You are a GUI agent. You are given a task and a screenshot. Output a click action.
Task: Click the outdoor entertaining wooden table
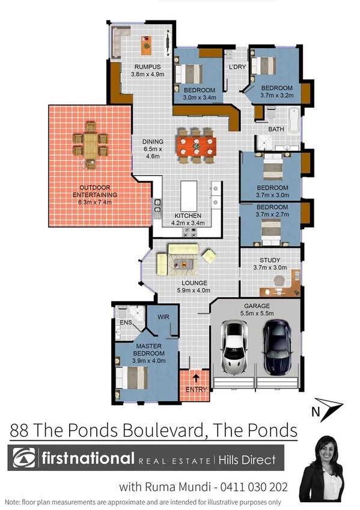tap(90, 144)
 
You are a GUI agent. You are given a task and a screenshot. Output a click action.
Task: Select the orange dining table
tap(197, 146)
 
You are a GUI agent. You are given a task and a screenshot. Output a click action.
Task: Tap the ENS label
tap(126, 322)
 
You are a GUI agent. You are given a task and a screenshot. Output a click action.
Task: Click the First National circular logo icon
tap(25, 459)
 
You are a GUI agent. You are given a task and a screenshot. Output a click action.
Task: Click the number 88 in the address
tap(23, 431)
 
